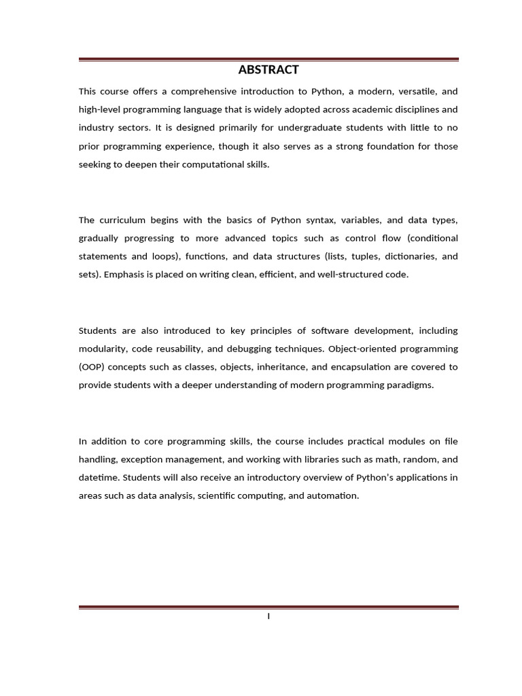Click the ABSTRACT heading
(268, 69)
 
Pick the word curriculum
(121, 220)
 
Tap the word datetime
(99, 477)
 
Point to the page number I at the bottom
(268, 616)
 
